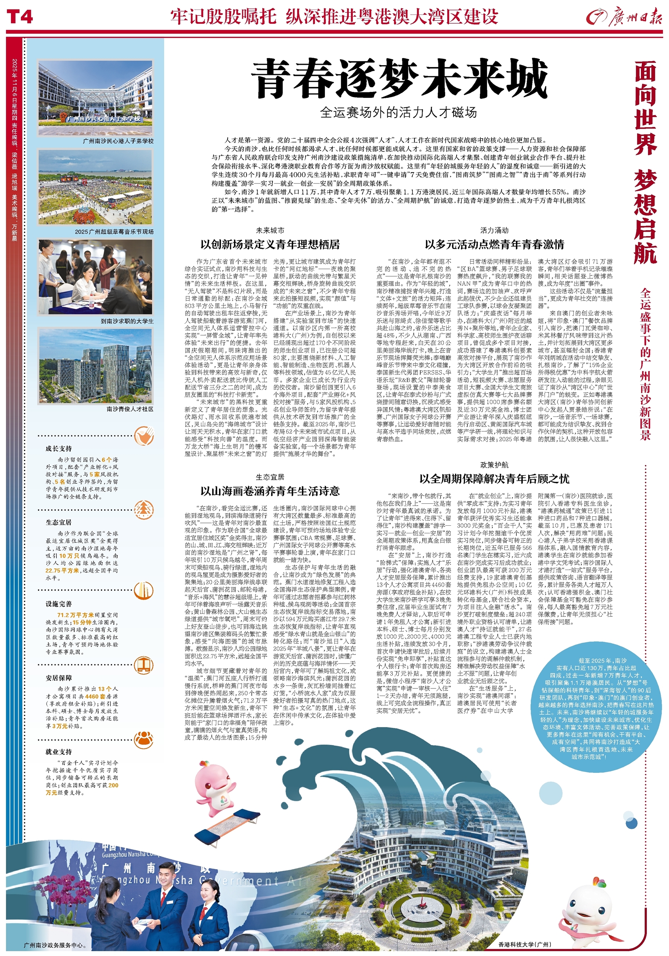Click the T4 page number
pyautogui.click(x=20, y=17)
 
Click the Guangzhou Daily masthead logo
pyautogui.click(x=623, y=17)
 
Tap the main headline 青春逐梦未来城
pyautogui.click(x=398, y=79)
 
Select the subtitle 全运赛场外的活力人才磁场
pyautogui.click(x=398, y=112)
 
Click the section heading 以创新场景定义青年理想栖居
pyautogui.click(x=270, y=244)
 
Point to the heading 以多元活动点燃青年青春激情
pyautogui.click(x=494, y=244)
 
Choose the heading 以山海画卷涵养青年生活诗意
pyautogui.click(x=270, y=491)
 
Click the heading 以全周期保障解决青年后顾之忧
pyautogui.click(x=494, y=479)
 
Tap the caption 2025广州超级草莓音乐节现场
pyautogui.click(x=114, y=232)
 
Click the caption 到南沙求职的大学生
pyautogui.click(x=127, y=321)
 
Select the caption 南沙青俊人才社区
pyautogui.click(x=130, y=409)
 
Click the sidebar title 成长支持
pyautogui.click(x=59, y=448)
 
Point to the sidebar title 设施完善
pyautogui.click(x=59, y=604)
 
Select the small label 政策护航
pyautogui.click(x=494, y=465)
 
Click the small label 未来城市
pyautogui.click(x=270, y=230)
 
